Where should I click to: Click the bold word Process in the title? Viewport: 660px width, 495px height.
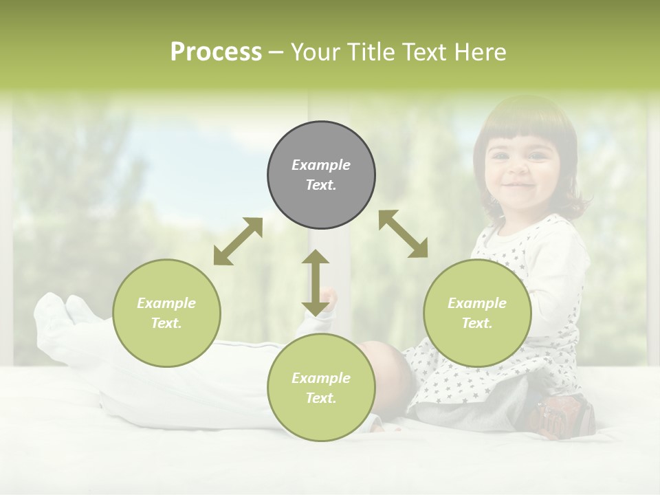(x=216, y=52)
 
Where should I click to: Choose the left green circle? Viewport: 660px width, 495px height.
(x=166, y=313)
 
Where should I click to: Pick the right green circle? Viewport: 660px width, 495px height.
(x=477, y=313)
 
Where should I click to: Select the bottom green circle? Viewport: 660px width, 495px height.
(x=321, y=388)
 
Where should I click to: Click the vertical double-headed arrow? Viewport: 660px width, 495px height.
(x=316, y=283)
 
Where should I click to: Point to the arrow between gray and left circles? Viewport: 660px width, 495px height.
(x=238, y=241)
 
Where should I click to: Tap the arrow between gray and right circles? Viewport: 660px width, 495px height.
(x=404, y=234)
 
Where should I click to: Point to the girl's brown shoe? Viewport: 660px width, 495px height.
(x=564, y=417)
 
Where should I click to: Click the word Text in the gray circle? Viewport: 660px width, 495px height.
(x=321, y=186)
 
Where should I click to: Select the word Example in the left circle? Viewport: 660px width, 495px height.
(x=166, y=303)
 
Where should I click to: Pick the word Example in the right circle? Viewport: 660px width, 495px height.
(x=477, y=303)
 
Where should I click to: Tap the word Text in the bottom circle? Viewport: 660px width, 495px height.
(x=321, y=398)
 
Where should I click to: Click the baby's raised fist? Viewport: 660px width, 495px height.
(x=329, y=297)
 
